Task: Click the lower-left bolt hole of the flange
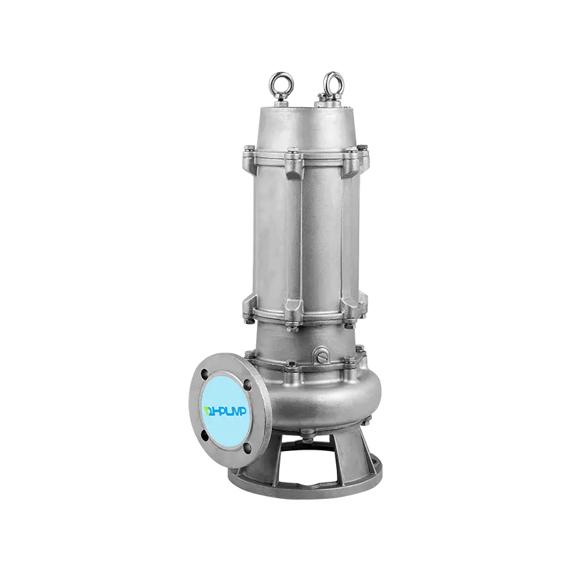click(208, 435)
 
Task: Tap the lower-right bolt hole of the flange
click(246, 448)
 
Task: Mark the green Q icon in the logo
click(208, 409)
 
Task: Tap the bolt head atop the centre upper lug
click(293, 151)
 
